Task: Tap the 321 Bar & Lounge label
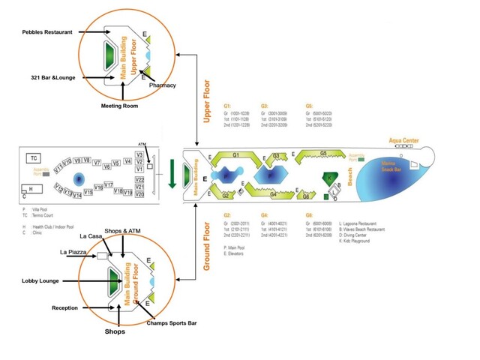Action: [54, 77]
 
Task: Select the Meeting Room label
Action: [120, 106]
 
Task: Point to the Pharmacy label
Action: [162, 85]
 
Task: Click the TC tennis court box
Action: [34, 157]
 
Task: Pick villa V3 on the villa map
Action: [139, 154]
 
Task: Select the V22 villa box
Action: [139, 179]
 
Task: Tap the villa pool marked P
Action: [79, 178]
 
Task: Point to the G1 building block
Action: [235, 155]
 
